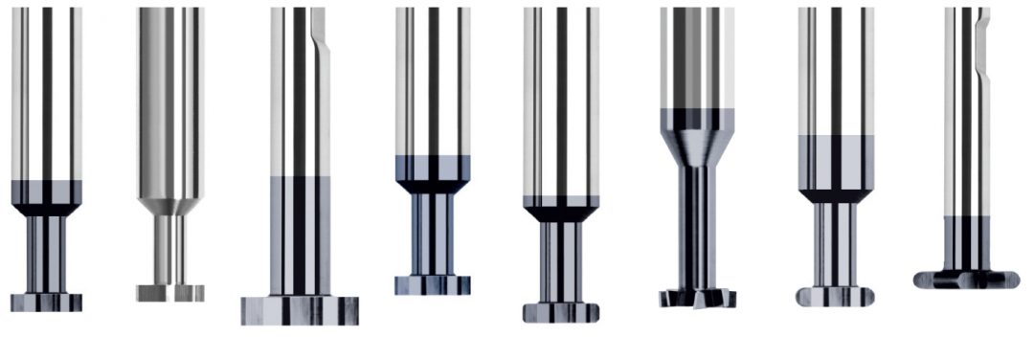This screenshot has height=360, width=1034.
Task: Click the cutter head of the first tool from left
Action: (x=46, y=303)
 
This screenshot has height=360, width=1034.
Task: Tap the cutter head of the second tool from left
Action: (x=170, y=293)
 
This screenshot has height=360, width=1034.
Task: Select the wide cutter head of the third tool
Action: (x=300, y=310)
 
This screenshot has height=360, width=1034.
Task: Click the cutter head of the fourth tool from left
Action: (x=432, y=285)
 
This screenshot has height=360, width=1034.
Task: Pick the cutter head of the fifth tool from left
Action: (x=561, y=312)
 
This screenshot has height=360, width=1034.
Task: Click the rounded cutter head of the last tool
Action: (x=965, y=280)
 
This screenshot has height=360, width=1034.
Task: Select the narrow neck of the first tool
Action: (x=46, y=254)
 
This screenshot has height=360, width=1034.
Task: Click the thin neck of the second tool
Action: (x=170, y=251)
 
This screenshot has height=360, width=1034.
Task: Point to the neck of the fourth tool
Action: (x=432, y=235)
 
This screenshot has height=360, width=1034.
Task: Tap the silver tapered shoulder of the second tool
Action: (x=170, y=205)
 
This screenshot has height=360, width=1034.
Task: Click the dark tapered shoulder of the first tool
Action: (x=46, y=207)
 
